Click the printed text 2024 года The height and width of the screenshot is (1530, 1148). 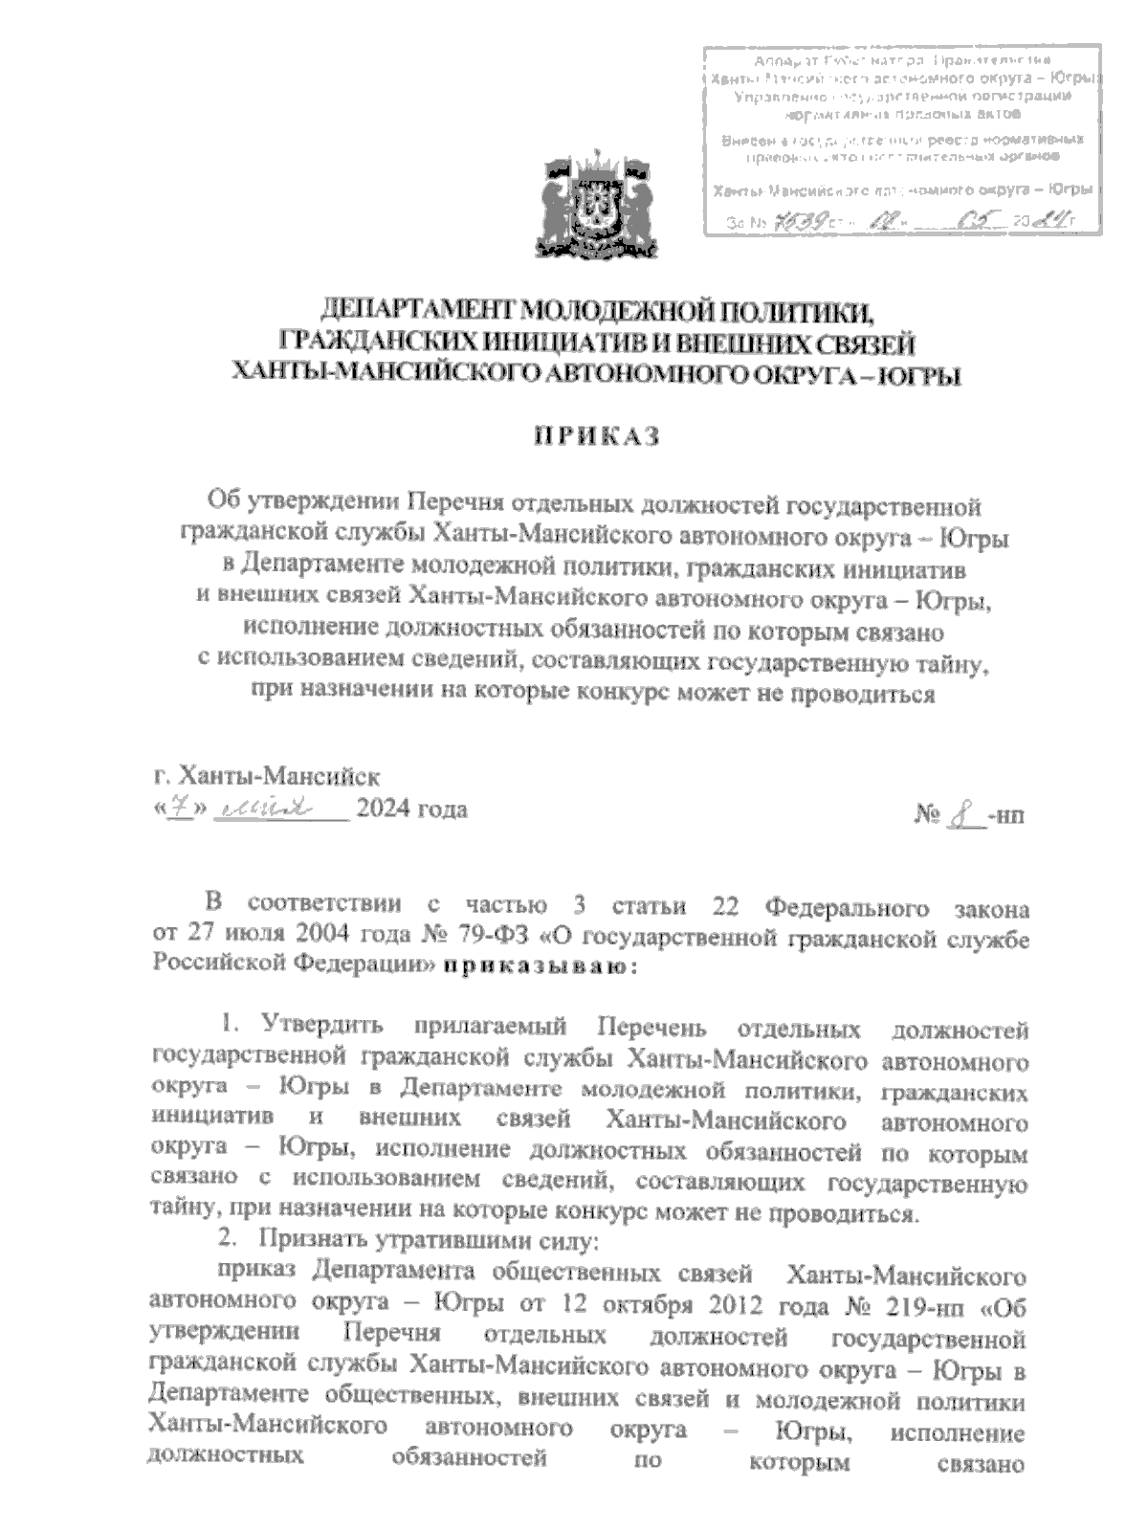[x=411, y=809]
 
